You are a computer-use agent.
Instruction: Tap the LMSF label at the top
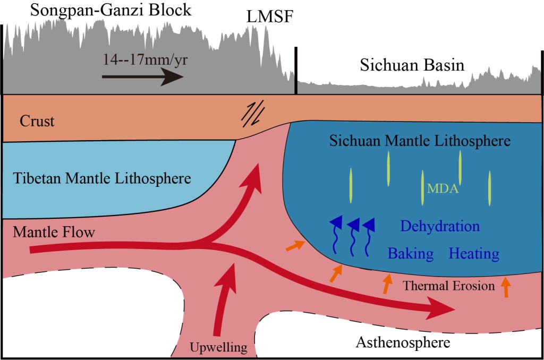pos(269,18)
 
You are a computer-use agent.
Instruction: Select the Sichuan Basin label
pos(412,65)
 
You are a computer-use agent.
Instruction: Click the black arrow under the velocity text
pos(142,77)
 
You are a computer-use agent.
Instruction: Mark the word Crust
pos(37,121)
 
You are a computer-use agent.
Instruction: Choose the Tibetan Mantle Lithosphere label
pos(99,178)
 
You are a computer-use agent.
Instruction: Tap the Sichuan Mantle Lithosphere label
pos(420,141)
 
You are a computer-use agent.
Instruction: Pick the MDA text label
pos(443,188)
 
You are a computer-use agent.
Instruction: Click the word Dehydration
pos(440,227)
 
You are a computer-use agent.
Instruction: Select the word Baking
pos(410,254)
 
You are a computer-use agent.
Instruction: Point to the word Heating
pos(474,254)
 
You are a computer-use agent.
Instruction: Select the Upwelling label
pos(219,348)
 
